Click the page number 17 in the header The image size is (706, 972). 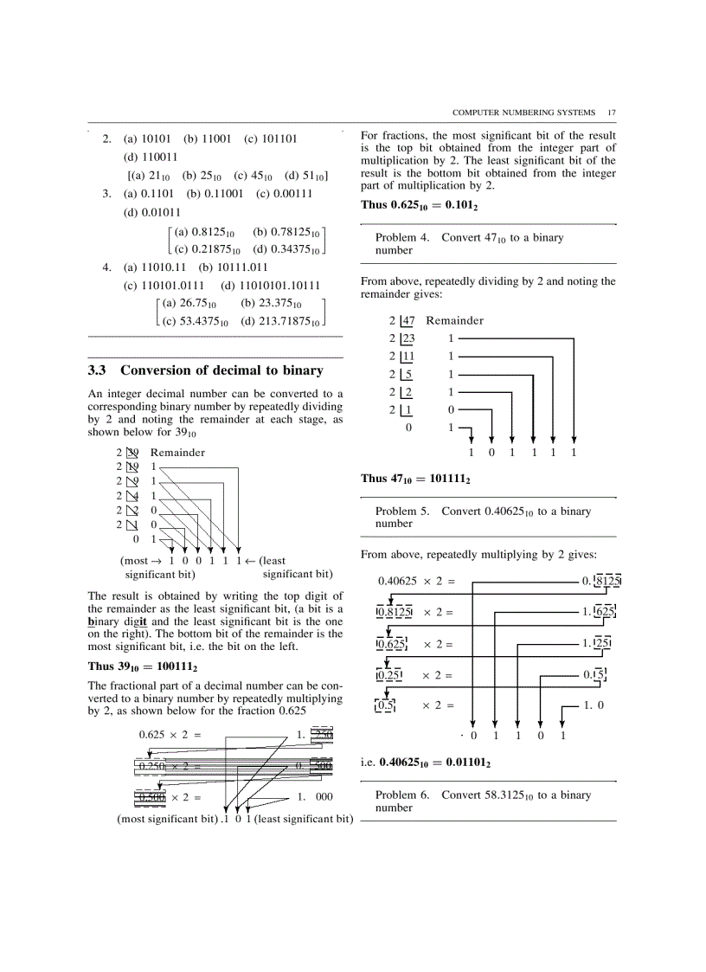[x=611, y=113]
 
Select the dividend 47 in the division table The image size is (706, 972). [x=409, y=321]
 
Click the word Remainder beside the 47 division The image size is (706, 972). [x=454, y=321]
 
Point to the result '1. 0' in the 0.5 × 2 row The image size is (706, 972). [x=594, y=705]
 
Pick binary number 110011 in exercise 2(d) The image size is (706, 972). [x=151, y=158]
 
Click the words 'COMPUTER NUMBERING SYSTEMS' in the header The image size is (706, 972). [x=523, y=113]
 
